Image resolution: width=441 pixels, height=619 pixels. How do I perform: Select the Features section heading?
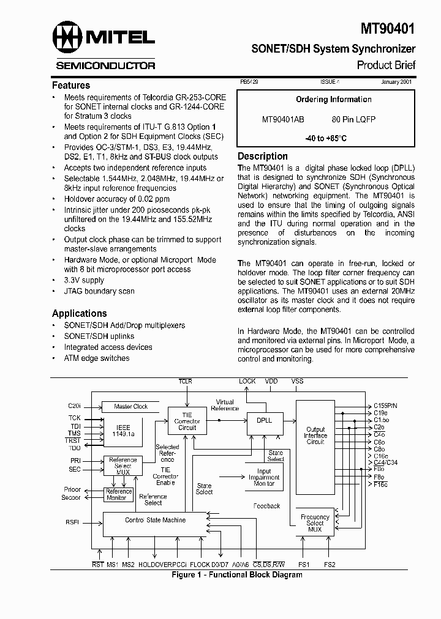pos(71,86)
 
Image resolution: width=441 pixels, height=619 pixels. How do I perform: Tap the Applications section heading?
pos(80,313)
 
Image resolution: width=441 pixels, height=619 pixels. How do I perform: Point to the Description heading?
pos(263,156)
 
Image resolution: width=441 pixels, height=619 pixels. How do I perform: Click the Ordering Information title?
pos(334,100)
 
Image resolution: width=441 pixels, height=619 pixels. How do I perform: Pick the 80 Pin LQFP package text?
pos(353,120)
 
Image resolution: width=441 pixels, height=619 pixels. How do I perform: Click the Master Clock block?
pos(131,407)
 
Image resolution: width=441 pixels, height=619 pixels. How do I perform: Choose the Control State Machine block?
pos(156,520)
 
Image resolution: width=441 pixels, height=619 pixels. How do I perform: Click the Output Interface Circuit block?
pos(315,436)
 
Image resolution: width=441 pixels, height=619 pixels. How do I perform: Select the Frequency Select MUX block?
pos(315,523)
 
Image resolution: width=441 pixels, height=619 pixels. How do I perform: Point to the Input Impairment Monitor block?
pos(264,477)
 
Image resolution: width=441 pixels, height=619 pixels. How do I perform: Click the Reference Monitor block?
pos(119,494)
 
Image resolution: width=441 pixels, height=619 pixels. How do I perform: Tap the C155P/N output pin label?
pos(385,406)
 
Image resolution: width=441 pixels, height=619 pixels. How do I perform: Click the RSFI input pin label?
pos(72,522)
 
